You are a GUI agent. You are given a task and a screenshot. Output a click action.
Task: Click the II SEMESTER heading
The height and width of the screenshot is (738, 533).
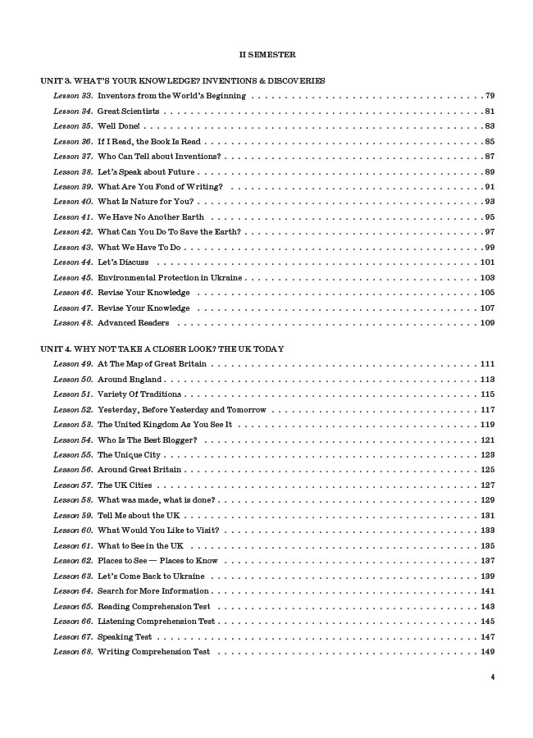267,54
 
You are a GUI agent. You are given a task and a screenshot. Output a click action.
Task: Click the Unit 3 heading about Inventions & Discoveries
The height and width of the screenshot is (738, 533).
183,80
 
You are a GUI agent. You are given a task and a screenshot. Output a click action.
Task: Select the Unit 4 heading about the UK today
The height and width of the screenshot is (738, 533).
162,348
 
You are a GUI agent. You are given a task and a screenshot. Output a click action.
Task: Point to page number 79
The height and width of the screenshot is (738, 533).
490,96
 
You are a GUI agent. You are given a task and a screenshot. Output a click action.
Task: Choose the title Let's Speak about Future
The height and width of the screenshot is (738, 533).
145,171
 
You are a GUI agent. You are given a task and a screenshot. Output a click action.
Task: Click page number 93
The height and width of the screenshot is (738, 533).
490,202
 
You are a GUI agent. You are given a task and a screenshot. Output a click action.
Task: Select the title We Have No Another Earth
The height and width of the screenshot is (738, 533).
151,217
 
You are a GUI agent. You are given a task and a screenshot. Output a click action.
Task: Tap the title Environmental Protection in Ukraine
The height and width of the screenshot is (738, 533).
170,278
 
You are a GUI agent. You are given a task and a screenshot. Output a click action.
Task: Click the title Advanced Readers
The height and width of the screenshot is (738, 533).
134,323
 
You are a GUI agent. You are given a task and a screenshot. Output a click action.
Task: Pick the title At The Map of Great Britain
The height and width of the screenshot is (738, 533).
152,363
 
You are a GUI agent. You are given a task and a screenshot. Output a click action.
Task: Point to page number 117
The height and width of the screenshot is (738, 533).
487,409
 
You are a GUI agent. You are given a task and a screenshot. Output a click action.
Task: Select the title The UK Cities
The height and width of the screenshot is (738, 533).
125,485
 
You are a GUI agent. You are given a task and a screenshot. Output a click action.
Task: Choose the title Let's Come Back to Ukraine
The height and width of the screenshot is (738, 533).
151,576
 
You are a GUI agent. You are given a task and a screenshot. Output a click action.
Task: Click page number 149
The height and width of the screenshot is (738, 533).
487,652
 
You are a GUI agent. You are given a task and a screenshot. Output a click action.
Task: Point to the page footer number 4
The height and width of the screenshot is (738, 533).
492,677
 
